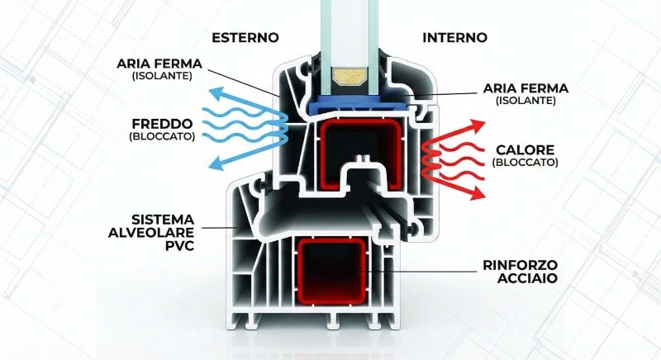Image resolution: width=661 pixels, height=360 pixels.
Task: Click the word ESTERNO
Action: click(x=245, y=37)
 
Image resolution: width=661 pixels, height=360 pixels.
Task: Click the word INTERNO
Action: click(x=454, y=37)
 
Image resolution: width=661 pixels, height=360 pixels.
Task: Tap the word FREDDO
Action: click(x=162, y=124)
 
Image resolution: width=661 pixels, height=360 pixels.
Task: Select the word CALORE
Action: click(x=525, y=150)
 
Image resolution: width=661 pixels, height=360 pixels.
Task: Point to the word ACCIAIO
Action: click(x=527, y=278)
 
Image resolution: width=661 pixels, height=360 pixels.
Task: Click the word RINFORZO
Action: click(x=521, y=265)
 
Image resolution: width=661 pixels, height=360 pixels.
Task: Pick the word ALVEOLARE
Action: click(x=151, y=232)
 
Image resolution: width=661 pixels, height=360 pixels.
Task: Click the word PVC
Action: click(x=179, y=245)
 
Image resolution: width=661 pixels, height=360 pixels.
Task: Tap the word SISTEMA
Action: click(x=163, y=220)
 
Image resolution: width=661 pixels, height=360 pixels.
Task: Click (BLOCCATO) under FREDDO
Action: click(x=162, y=136)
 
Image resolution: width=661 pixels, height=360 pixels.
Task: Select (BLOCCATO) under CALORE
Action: click(x=525, y=162)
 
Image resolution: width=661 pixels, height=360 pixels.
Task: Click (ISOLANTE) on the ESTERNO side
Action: click(x=162, y=76)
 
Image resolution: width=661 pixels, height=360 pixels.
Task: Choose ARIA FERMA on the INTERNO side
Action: click(x=525, y=88)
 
